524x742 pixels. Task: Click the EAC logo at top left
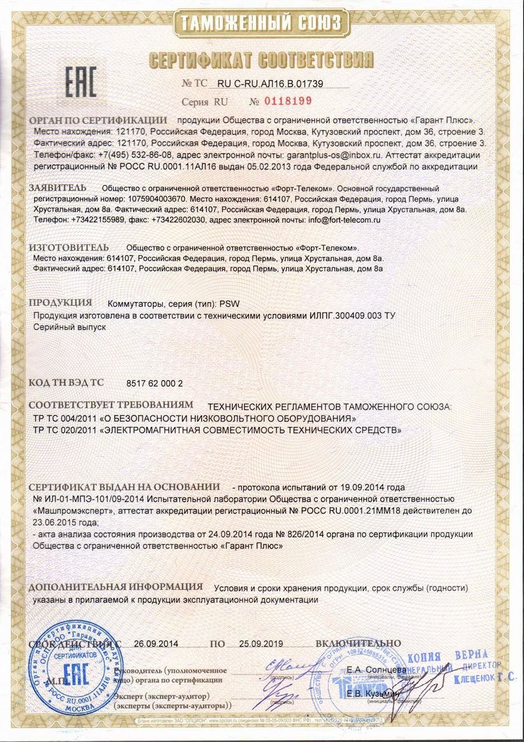81,83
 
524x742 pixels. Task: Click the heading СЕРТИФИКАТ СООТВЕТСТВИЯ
261,61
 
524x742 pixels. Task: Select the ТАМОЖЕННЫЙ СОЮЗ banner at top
261,24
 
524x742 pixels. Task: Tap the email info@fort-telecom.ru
344,220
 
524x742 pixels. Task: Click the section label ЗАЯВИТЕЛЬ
57,189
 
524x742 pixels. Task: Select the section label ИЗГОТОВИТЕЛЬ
69,247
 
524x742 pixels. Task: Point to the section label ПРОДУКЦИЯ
60,302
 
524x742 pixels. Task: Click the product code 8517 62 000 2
155,383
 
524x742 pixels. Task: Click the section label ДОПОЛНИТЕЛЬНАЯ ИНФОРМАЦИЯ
116,587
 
